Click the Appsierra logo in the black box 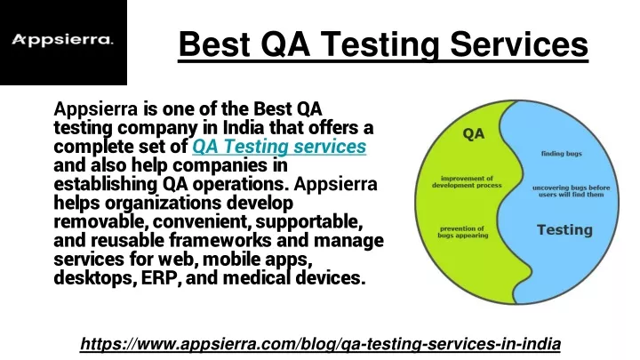point(62,40)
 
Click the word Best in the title point(214,44)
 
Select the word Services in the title point(519,44)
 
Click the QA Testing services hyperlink point(279,146)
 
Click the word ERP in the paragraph point(160,278)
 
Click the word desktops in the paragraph point(95,278)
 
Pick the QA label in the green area point(474,133)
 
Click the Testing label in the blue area point(564,230)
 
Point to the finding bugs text point(561,154)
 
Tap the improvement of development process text point(467,181)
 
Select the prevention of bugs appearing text point(462,232)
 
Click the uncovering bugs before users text point(571,191)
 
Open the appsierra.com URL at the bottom point(320,344)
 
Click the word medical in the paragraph point(257,278)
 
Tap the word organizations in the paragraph point(163,204)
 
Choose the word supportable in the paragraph point(309,222)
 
